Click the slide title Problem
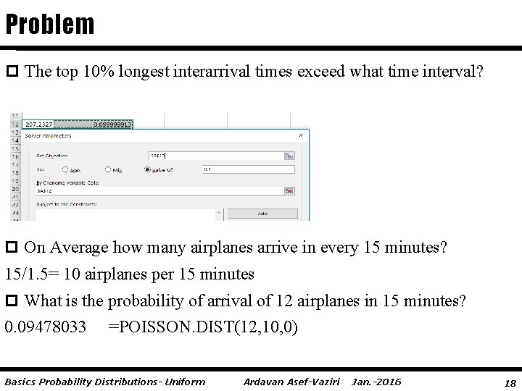click(49, 25)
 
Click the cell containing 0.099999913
click(112, 125)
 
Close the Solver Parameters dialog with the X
click(301, 135)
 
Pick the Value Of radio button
click(148, 169)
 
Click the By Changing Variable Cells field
click(159, 191)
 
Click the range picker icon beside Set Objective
click(289, 155)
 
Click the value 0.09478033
click(50, 327)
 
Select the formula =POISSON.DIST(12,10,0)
click(202, 327)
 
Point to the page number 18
click(509, 382)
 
